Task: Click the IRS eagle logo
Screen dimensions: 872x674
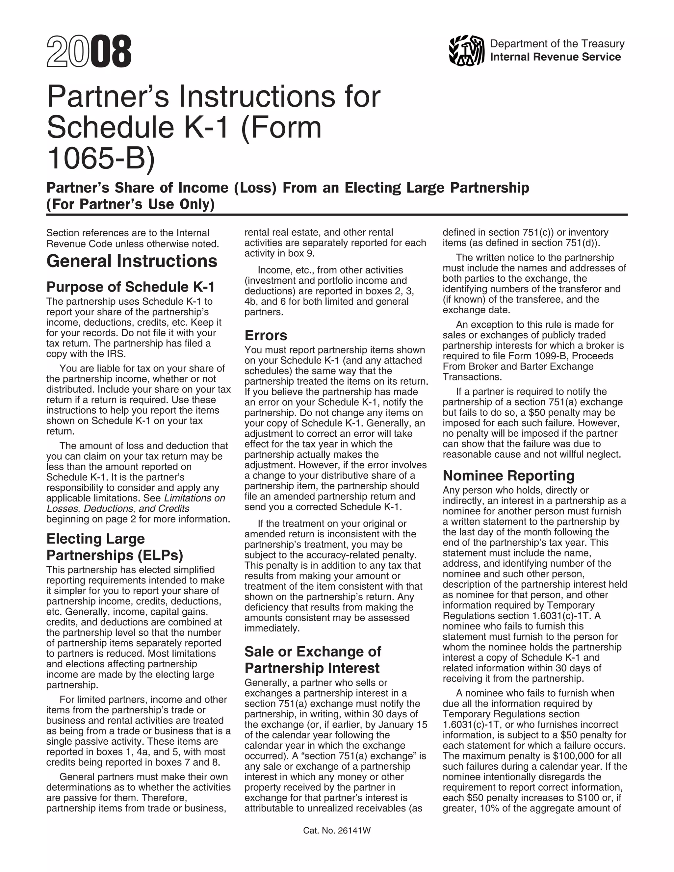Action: click(x=466, y=51)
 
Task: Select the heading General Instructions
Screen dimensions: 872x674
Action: click(x=132, y=261)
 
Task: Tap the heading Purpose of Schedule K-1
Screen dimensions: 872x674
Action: click(x=131, y=287)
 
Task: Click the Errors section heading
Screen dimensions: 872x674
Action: click(x=266, y=335)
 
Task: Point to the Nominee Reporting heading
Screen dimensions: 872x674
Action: click(x=508, y=475)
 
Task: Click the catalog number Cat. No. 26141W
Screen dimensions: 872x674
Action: click(x=337, y=831)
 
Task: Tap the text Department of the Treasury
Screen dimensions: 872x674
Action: click(x=557, y=43)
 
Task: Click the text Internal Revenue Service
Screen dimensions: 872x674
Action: click(x=555, y=57)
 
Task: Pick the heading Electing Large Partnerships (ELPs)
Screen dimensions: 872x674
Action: click(x=115, y=547)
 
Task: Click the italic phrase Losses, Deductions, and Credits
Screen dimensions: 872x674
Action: click(x=118, y=508)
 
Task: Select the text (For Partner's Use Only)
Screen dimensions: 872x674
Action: click(x=131, y=204)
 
